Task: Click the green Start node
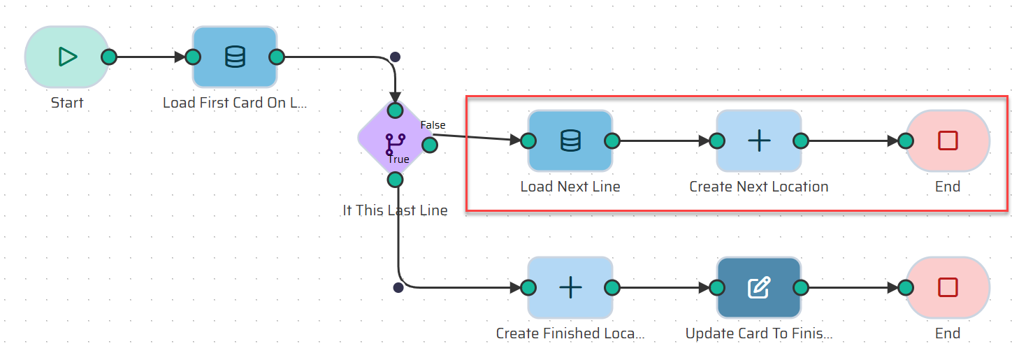(x=66, y=57)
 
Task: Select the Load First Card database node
(x=235, y=57)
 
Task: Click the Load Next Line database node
(x=570, y=141)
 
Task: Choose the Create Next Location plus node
(x=759, y=141)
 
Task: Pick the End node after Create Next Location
(x=948, y=141)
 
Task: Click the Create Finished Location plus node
(x=570, y=287)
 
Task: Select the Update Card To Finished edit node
(x=759, y=287)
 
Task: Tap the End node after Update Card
(x=948, y=287)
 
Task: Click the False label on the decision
(x=433, y=125)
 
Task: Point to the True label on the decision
(x=398, y=159)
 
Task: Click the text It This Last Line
(x=395, y=210)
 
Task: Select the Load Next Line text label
(x=570, y=187)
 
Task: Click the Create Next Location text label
(x=759, y=187)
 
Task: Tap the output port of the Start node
(x=108, y=57)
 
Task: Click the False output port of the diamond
(x=430, y=145)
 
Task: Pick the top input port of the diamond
(x=395, y=110)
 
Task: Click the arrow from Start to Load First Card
(x=150, y=57)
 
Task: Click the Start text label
(x=67, y=103)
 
